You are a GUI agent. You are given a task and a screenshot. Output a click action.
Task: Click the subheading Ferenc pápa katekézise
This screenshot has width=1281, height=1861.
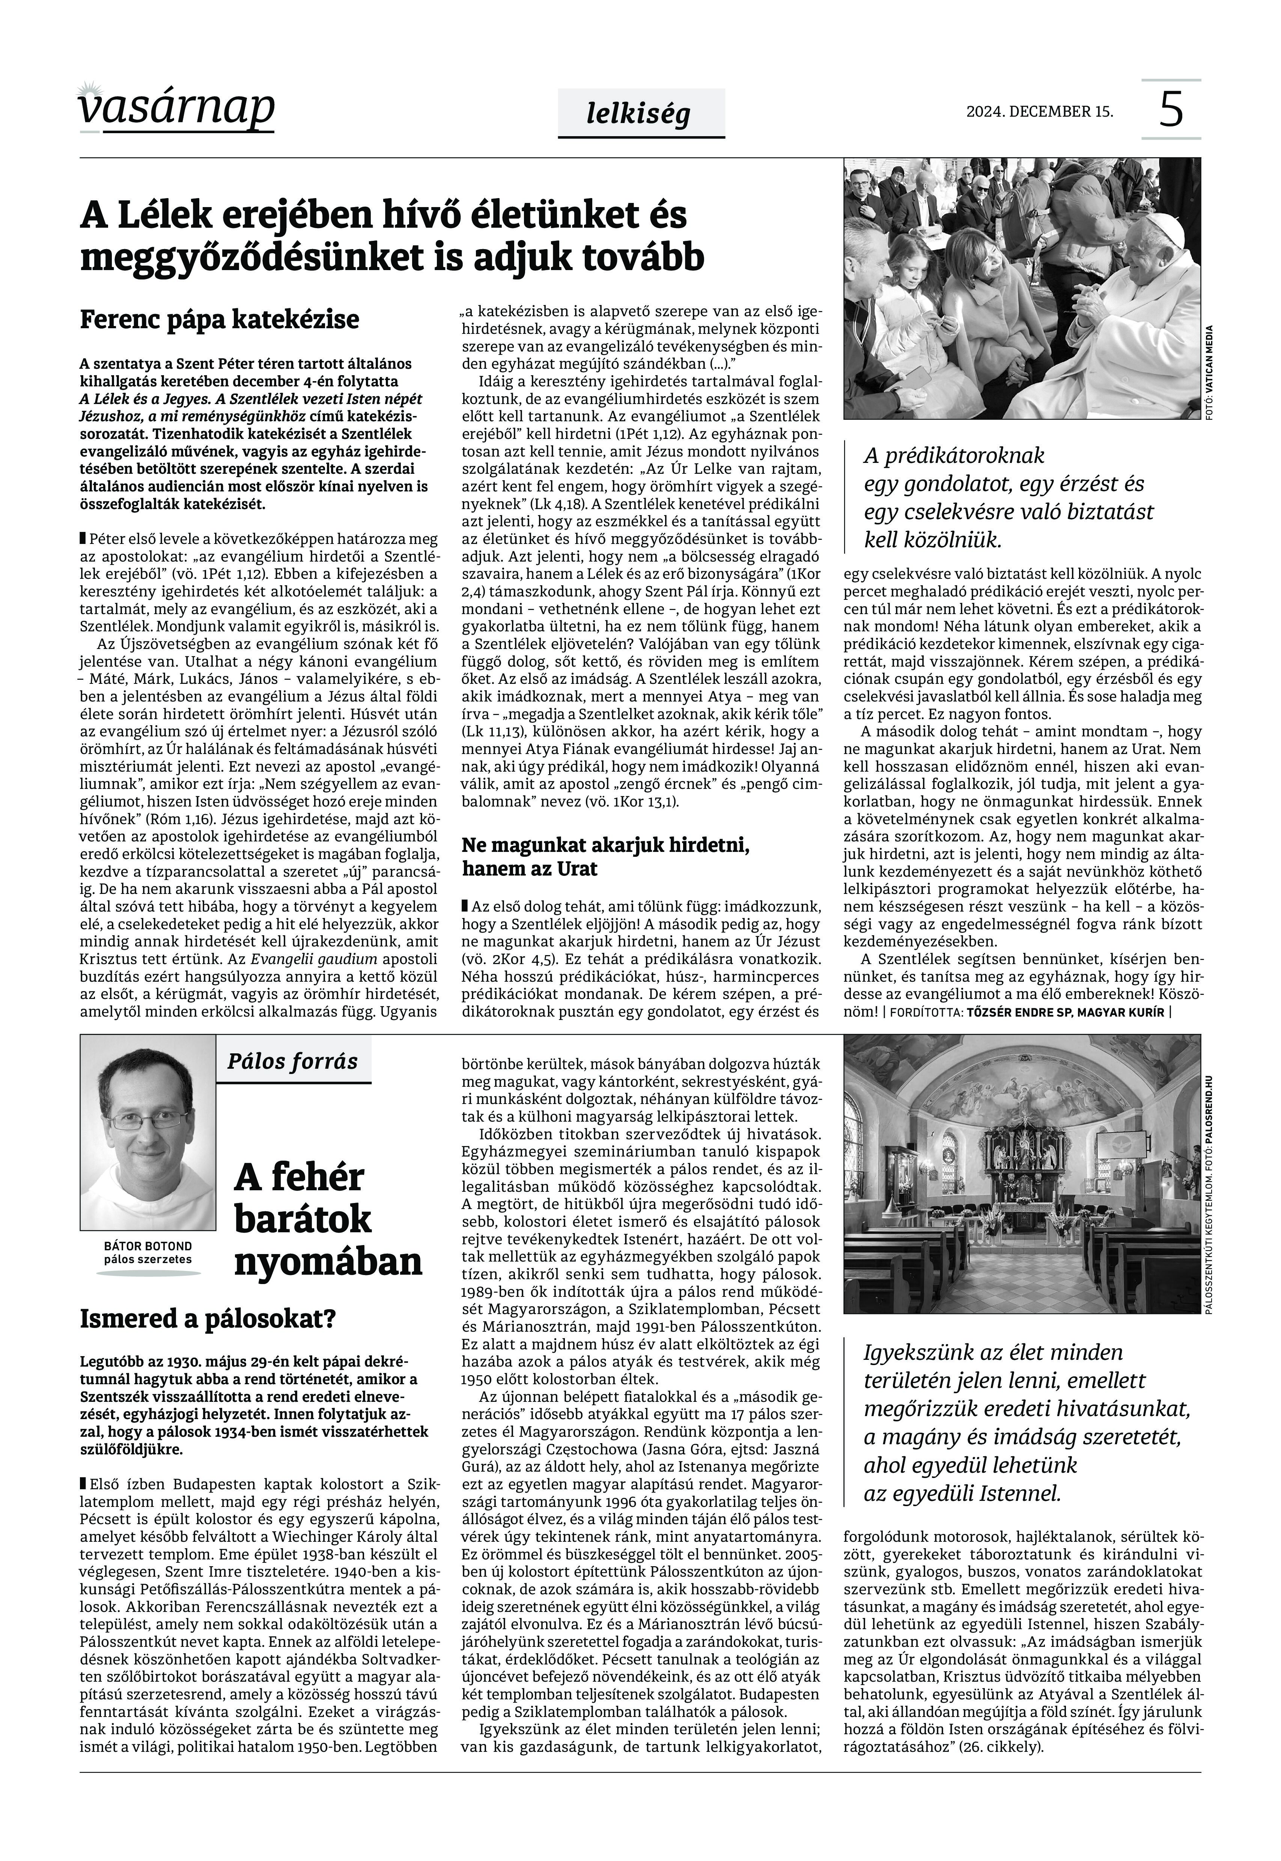219,319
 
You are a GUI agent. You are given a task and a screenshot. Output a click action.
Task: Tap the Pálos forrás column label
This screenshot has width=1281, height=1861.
292,1061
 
